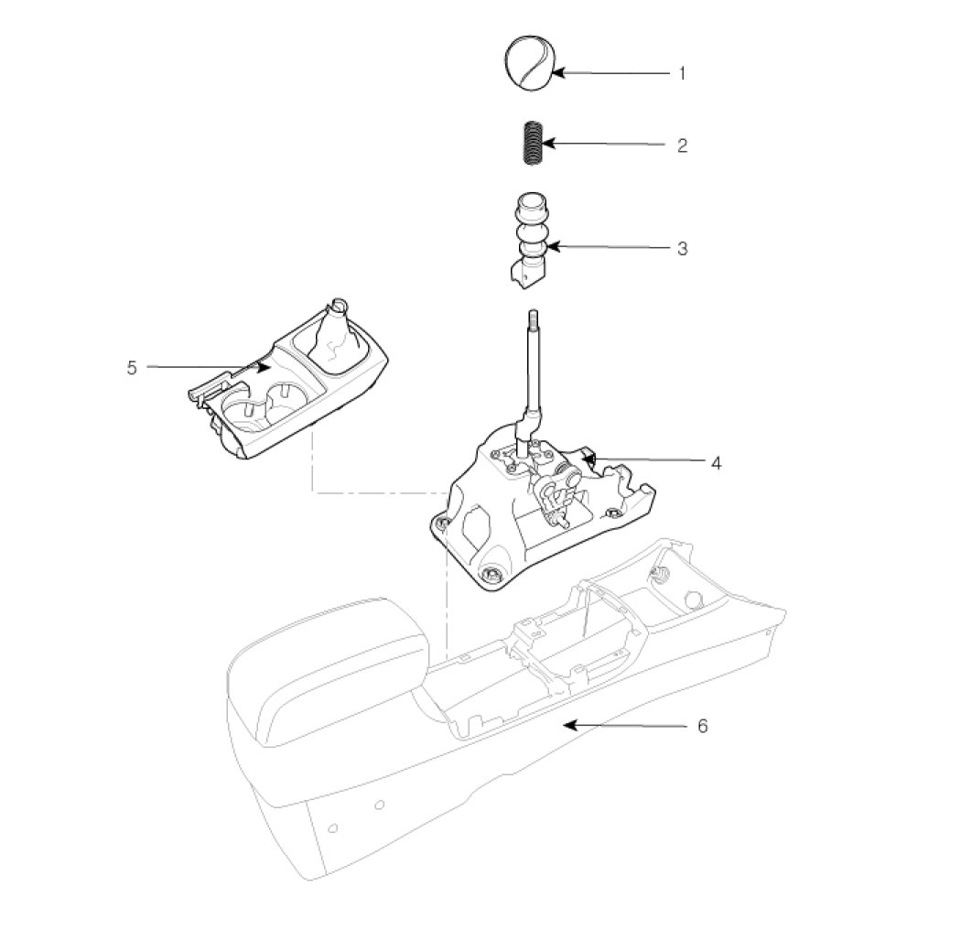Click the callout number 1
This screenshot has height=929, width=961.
(681, 72)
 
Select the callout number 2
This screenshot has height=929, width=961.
(682, 146)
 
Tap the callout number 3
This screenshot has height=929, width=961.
(682, 248)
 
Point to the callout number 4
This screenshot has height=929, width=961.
(716, 463)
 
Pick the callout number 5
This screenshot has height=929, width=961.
(132, 367)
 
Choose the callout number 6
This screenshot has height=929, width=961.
(702, 725)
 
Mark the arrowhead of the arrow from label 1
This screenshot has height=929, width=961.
(556, 72)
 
